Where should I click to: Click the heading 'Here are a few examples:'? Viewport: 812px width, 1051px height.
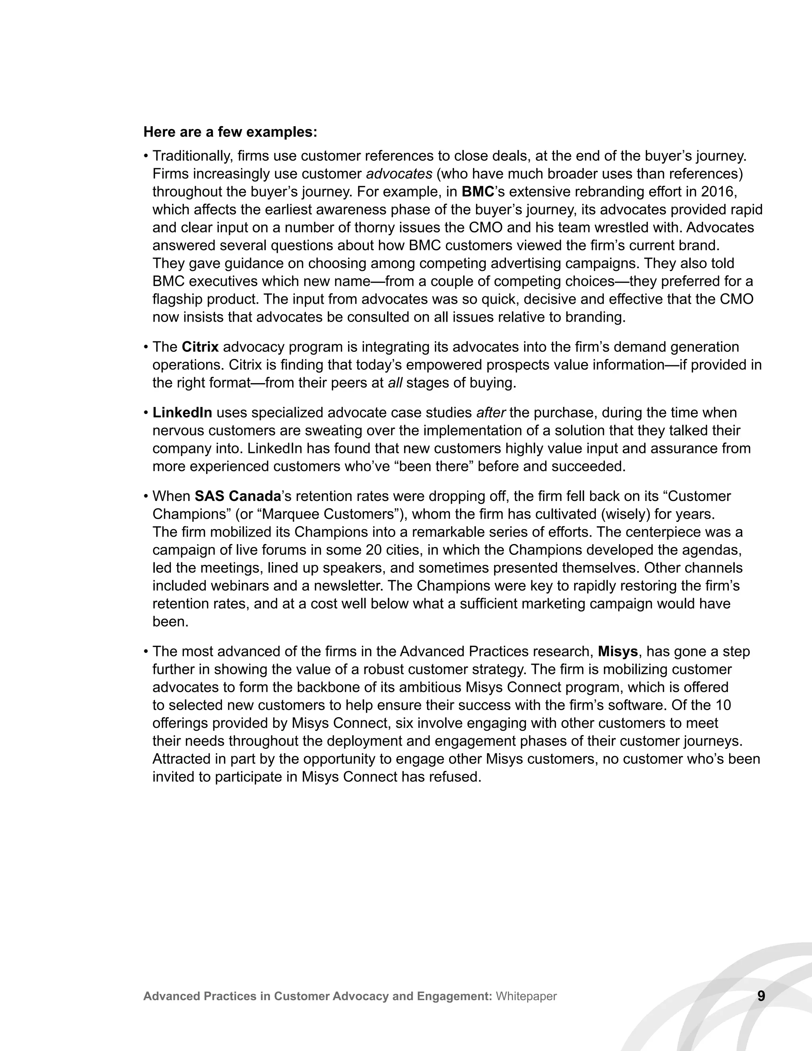click(x=230, y=132)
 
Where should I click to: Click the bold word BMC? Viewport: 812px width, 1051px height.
click(x=478, y=192)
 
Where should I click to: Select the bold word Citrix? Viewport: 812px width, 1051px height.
click(x=200, y=347)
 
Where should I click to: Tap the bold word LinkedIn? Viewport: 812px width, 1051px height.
click(x=182, y=412)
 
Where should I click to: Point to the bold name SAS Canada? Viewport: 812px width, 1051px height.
click(x=237, y=496)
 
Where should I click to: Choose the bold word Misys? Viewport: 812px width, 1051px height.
click(x=618, y=651)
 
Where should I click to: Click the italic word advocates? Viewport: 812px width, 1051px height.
click(x=399, y=174)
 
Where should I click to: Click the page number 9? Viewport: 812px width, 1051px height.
click(x=761, y=995)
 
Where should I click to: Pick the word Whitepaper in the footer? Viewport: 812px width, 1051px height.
click(x=526, y=996)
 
